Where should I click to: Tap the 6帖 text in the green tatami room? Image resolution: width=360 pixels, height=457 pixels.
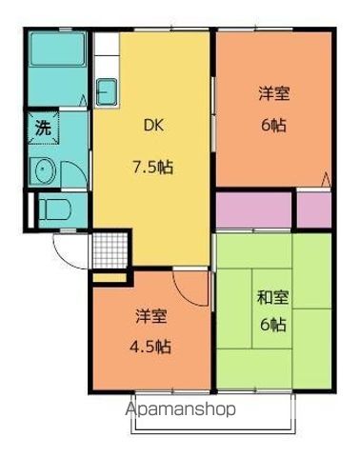(272, 325)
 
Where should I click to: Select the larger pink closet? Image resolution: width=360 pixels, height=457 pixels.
(252, 210)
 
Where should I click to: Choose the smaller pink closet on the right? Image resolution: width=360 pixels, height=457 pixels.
(312, 209)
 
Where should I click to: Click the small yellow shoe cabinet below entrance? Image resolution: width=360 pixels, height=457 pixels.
(109, 277)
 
